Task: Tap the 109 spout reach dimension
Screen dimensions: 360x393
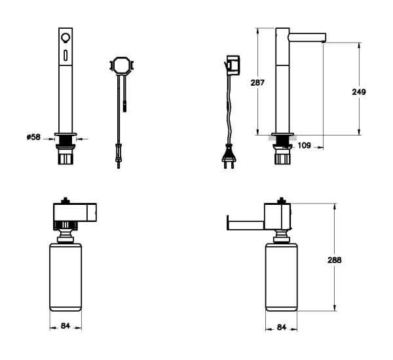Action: [305, 145]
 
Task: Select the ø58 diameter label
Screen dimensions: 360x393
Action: [33, 137]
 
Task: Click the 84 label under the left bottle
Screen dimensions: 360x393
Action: [65, 326]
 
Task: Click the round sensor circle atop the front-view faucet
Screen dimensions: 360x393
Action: [66, 37]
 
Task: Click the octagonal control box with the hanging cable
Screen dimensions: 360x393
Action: [121, 66]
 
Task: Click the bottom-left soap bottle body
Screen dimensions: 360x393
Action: [65, 276]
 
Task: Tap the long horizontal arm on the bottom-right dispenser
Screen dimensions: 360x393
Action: [244, 217]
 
